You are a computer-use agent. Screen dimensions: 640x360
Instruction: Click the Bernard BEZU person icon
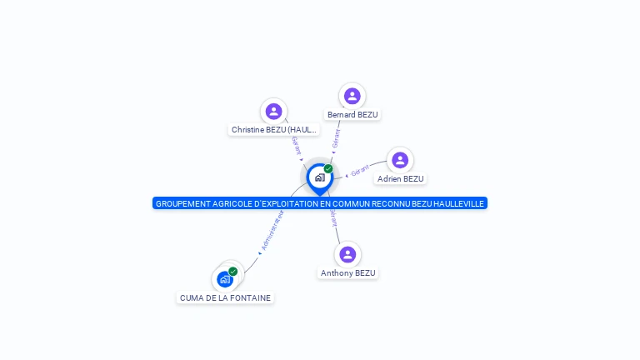click(x=352, y=96)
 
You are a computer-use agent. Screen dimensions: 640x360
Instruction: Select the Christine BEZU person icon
click(x=273, y=111)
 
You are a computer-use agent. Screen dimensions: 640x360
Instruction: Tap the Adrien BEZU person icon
click(x=400, y=160)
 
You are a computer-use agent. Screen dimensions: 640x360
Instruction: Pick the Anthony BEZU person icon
click(x=347, y=254)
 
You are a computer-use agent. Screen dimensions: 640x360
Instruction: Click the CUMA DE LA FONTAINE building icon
click(x=225, y=279)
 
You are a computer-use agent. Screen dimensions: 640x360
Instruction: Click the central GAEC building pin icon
click(x=319, y=177)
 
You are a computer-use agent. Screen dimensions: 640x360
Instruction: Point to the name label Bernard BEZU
click(x=352, y=115)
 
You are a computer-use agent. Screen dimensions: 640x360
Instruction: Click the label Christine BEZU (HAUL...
click(x=274, y=130)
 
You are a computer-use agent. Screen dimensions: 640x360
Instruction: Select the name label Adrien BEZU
click(x=400, y=179)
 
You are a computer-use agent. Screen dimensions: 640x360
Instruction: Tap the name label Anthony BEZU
click(x=348, y=273)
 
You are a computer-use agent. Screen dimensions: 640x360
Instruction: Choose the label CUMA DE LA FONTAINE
click(x=225, y=298)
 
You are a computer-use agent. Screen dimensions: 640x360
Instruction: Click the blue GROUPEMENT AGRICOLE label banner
click(x=319, y=203)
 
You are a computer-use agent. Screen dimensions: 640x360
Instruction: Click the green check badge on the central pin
click(x=328, y=168)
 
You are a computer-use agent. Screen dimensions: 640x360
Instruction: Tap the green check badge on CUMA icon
click(x=233, y=271)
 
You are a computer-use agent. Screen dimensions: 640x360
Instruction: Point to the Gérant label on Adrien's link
click(x=360, y=171)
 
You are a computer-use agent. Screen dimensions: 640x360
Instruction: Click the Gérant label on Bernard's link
click(x=337, y=137)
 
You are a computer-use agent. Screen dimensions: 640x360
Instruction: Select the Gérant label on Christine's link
click(x=297, y=145)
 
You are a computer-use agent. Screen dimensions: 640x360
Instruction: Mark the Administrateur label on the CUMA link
click(x=272, y=231)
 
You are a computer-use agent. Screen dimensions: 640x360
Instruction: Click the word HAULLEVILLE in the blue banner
click(x=457, y=203)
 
